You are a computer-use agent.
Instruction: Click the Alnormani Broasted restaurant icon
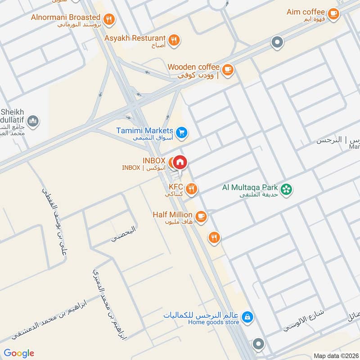point(108,19)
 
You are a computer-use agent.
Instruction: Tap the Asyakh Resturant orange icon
point(175,40)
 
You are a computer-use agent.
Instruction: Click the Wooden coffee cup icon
point(228,69)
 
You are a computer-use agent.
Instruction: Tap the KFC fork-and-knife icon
point(192,189)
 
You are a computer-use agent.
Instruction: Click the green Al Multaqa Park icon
point(286,189)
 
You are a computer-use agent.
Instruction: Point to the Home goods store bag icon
point(247,318)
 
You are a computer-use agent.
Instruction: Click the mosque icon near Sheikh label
point(33,121)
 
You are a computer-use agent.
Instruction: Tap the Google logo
point(19,353)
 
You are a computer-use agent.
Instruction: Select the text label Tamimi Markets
point(145,130)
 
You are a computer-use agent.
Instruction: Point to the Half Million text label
point(172,215)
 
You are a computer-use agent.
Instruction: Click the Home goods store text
point(213,322)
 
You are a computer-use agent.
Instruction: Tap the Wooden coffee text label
point(193,67)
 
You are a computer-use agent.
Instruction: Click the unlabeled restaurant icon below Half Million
point(214,237)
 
